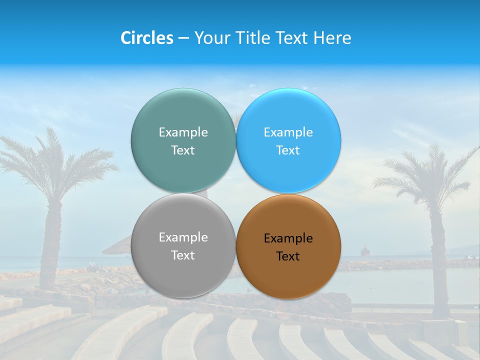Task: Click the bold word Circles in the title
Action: (x=147, y=38)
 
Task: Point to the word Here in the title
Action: (x=332, y=38)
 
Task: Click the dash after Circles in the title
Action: (x=183, y=38)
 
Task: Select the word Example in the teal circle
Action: (x=183, y=132)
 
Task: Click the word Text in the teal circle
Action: (x=183, y=150)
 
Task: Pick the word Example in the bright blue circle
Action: (x=288, y=132)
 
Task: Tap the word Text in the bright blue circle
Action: (x=288, y=150)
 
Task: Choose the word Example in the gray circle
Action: (x=183, y=237)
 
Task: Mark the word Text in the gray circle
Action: (x=183, y=255)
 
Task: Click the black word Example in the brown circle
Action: (x=288, y=238)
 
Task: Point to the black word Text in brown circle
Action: (x=288, y=256)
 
